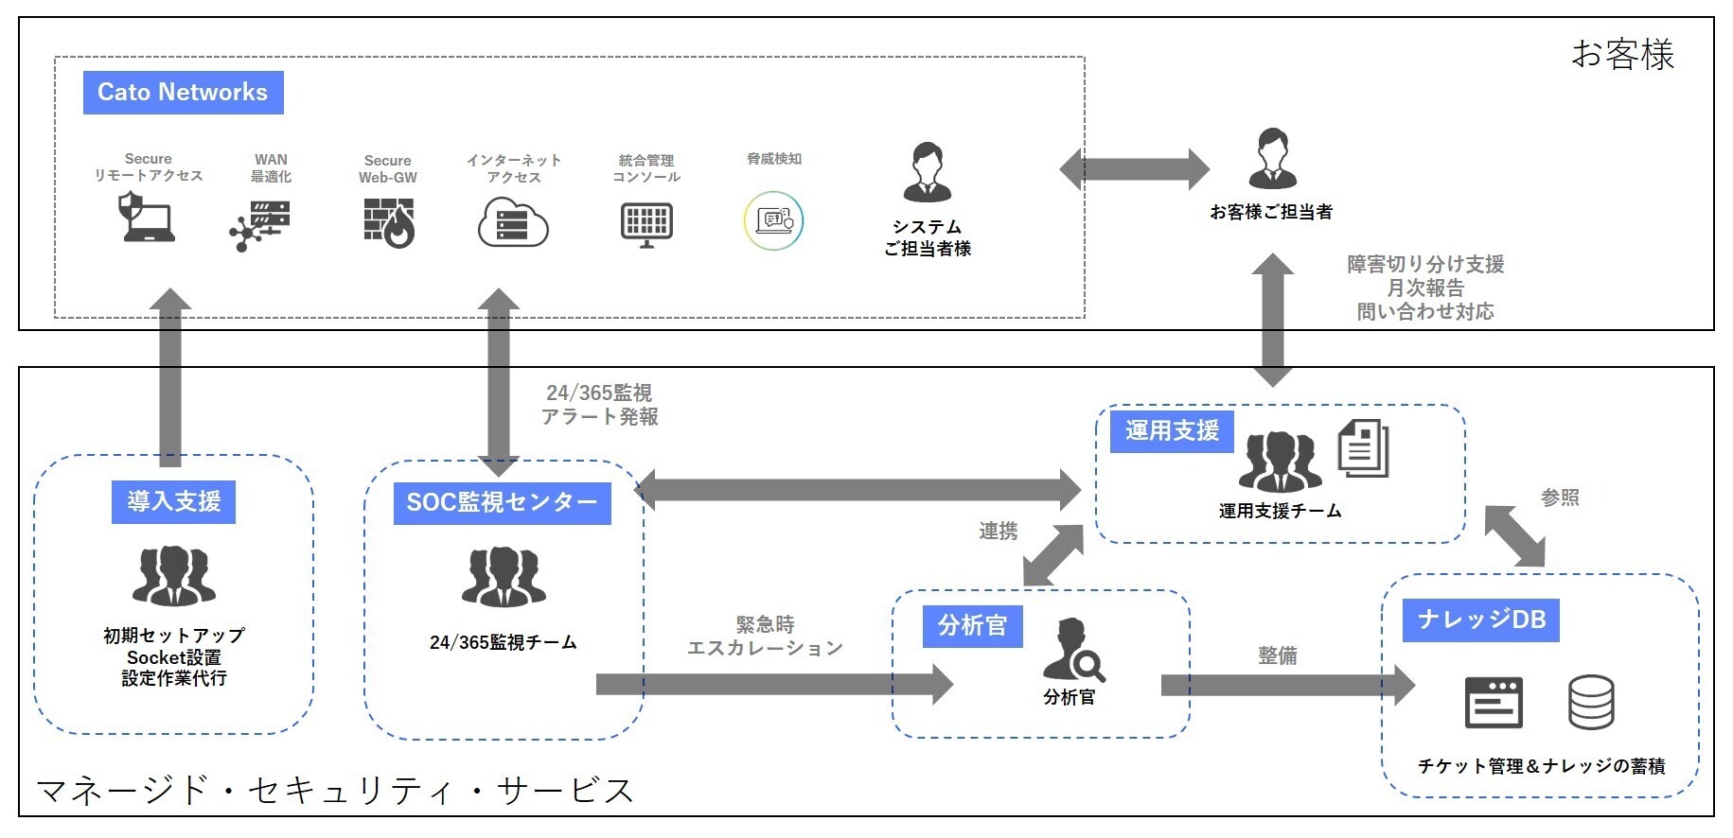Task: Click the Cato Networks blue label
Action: pos(183,93)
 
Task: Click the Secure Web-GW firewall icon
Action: pos(388,222)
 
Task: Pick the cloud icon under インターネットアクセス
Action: pos(513,222)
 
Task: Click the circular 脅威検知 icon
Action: pos(773,221)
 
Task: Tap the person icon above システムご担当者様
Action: pos(927,172)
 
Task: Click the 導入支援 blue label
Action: pos(174,501)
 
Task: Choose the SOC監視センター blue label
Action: pos(502,502)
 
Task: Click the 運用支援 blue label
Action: pos(1172,430)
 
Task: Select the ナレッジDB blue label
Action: pos(1481,620)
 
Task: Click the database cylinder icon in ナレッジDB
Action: pos(1591,702)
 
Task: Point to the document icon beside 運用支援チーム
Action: pos(1363,448)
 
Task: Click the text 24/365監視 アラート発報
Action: pos(599,405)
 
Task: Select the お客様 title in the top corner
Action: pos(1622,55)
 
